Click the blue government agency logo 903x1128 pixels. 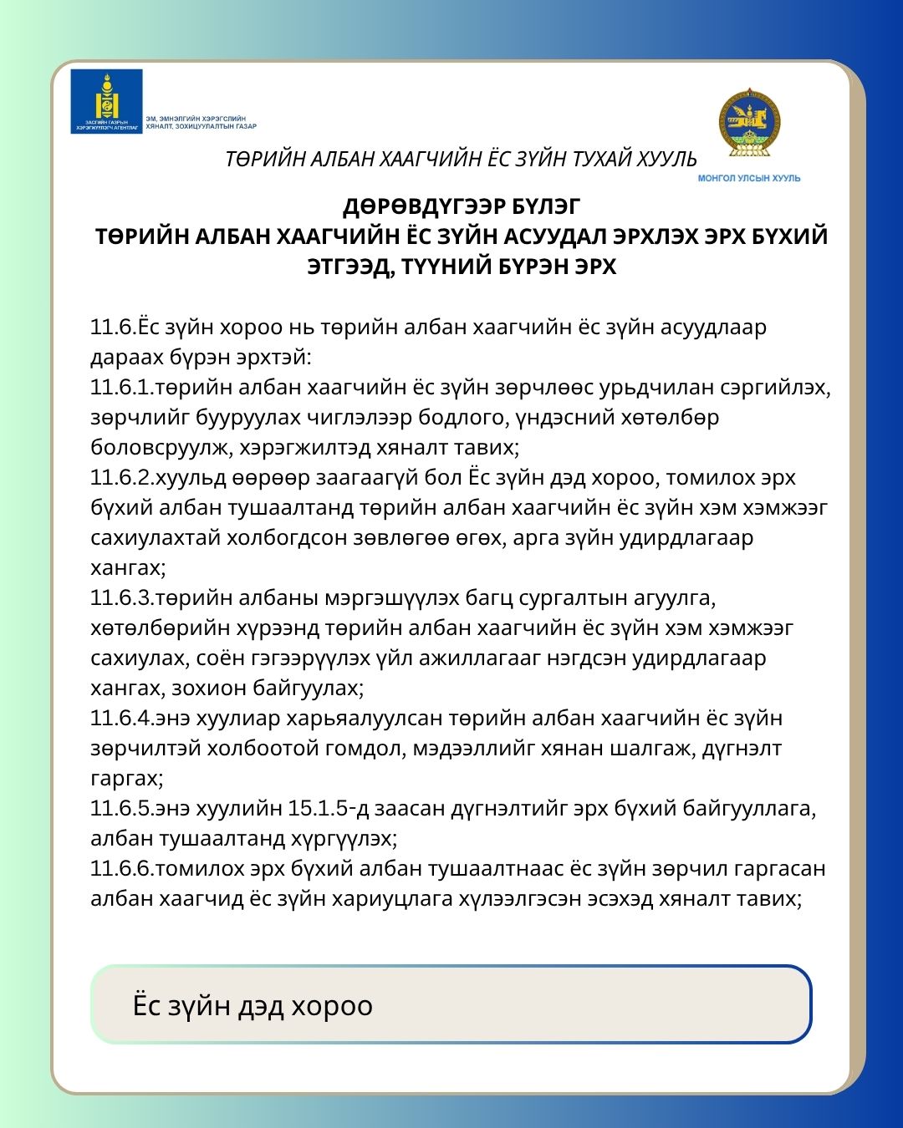click(x=106, y=101)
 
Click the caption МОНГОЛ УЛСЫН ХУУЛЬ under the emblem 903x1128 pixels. click(x=749, y=178)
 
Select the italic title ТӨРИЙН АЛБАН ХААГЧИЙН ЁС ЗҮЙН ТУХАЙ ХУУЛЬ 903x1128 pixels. click(x=461, y=159)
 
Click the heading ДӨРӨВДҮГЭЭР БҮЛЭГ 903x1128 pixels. click(x=461, y=206)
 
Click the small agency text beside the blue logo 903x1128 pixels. click(x=201, y=123)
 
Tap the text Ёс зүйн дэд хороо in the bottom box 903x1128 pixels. click(x=253, y=1005)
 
